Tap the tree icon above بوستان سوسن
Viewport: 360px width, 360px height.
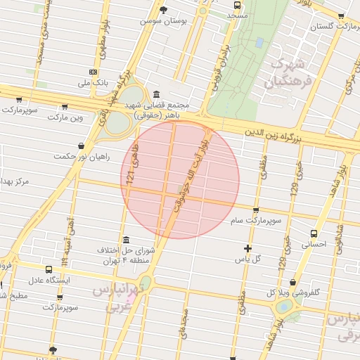[164, 10]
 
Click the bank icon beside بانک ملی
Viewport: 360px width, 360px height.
[94, 72]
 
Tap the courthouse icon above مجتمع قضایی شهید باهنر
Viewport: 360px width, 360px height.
[155, 94]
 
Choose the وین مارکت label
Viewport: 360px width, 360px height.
[64, 117]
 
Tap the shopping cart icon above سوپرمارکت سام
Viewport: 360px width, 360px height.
[256, 210]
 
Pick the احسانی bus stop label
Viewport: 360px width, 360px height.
[314, 245]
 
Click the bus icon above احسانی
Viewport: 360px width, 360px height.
[314, 233]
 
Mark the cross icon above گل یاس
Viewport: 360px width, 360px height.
[247, 247]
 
